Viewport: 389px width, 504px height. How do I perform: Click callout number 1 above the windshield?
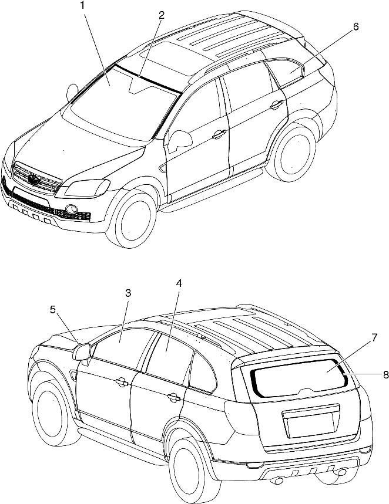tap(83, 6)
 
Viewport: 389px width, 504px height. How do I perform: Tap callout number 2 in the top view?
tap(161, 15)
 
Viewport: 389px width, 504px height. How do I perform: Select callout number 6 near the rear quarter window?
tap(355, 26)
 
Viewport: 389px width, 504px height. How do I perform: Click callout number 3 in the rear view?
tap(128, 293)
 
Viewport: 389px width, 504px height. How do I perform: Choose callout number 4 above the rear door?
tap(179, 283)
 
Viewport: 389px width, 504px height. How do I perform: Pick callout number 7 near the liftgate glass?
tap(374, 337)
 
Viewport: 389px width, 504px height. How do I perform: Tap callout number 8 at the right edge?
tap(385, 374)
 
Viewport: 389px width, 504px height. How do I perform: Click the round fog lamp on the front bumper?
tap(72, 209)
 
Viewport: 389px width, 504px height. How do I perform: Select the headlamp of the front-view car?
tap(87, 188)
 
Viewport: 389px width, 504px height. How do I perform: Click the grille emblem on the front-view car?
tap(33, 179)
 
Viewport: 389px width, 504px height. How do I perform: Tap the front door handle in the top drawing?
tap(219, 134)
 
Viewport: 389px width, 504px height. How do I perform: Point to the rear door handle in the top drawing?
tap(276, 104)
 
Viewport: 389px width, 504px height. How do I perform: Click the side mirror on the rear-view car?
tap(82, 352)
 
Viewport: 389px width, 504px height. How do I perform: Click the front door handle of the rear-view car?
tap(122, 381)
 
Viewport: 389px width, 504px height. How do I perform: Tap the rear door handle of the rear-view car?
tap(174, 397)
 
